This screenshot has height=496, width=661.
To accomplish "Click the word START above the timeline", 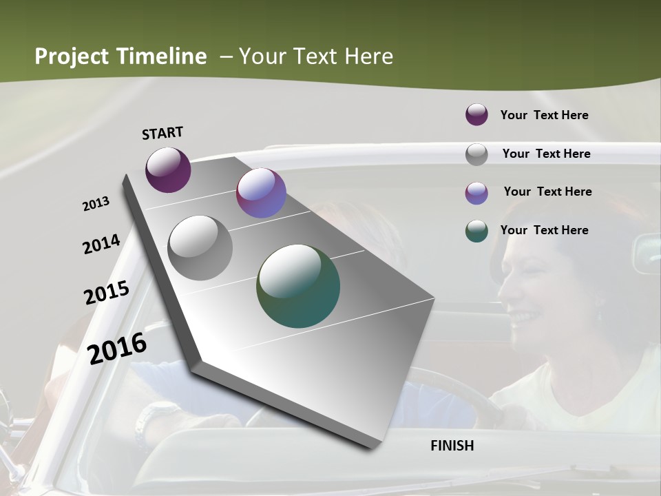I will coord(162,132).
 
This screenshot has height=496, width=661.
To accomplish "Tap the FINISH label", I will coord(452,446).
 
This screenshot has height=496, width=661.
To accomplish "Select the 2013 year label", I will coord(96,204).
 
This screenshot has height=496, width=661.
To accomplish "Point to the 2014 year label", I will coord(101,245).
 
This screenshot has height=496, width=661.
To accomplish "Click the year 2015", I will coord(107,293).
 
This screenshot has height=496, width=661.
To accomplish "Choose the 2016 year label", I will coord(117,348).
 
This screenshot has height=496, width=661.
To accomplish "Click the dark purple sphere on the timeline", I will coord(168,169).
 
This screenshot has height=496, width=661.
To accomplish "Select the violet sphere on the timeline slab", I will coord(261,193).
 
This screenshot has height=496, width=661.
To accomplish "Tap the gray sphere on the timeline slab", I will coord(200,247).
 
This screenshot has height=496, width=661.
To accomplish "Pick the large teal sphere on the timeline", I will coord(298,286).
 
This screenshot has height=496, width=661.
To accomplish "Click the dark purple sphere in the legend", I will coord(476,115).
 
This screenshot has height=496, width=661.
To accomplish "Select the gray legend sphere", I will coord(476,154).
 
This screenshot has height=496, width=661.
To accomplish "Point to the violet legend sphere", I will coord(476,193).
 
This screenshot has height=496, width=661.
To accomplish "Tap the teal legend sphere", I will coord(476,231).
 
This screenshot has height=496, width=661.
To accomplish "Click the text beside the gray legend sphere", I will coord(546,154).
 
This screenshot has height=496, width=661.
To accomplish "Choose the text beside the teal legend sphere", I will coord(544,230).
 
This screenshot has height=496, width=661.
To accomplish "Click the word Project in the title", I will coord(71,56).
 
